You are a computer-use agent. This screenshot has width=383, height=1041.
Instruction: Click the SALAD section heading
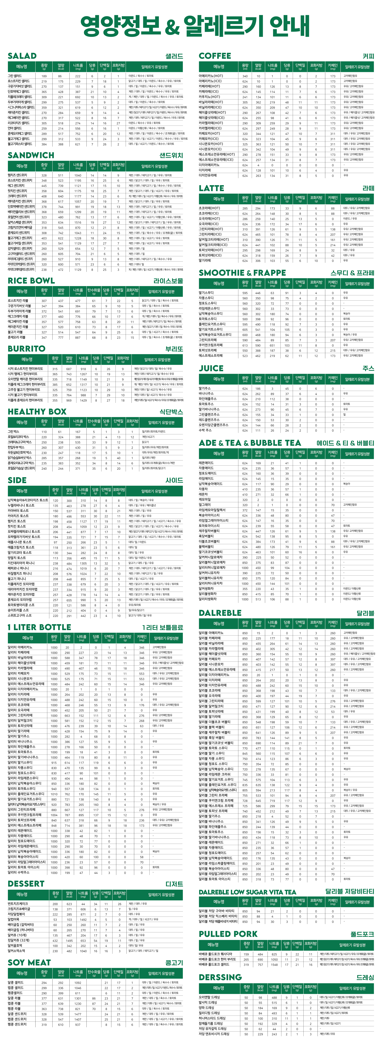[22, 56]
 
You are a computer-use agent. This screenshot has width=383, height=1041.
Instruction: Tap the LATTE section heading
[211, 188]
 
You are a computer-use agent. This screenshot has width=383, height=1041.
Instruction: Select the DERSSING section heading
[220, 977]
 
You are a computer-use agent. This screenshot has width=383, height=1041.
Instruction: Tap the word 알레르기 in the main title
[224, 26]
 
